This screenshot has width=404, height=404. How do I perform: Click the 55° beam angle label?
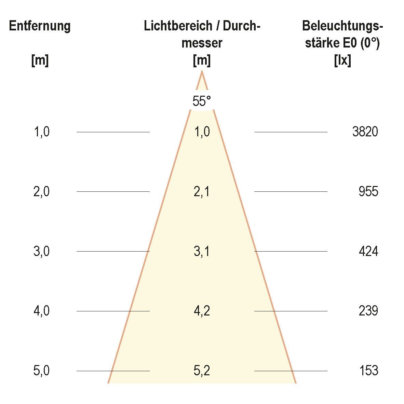(x=202, y=101)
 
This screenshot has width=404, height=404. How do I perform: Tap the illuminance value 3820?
(x=365, y=132)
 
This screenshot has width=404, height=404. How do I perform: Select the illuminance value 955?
(x=368, y=191)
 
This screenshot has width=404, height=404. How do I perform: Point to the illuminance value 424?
(x=368, y=252)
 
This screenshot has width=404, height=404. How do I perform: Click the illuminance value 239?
(x=368, y=311)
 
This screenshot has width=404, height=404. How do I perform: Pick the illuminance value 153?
(x=369, y=371)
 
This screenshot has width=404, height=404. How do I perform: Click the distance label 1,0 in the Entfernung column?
(x=42, y=132)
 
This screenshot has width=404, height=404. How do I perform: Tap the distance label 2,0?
(x=42, y=191)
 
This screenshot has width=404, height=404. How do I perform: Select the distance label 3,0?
(x=42, y=252)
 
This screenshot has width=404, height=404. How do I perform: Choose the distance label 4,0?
(x=42, y=311)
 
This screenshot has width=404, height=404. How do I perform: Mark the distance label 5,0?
(x=42, y=371)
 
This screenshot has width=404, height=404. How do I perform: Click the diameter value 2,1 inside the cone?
(x=202, y=192)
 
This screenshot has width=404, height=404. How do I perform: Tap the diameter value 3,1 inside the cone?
(x=202, y=252)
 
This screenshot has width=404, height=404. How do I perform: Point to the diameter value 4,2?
(x=202, y=311)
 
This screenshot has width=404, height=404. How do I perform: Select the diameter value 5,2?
(x=202, y=371)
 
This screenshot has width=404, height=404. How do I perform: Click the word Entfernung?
(x=40, y=26)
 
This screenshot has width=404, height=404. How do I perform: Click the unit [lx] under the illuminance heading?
(x=342, y=61)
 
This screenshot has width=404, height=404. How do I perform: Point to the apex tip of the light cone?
(x=202, y=71)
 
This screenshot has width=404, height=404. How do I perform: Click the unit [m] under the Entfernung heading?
(x=40, y=61)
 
